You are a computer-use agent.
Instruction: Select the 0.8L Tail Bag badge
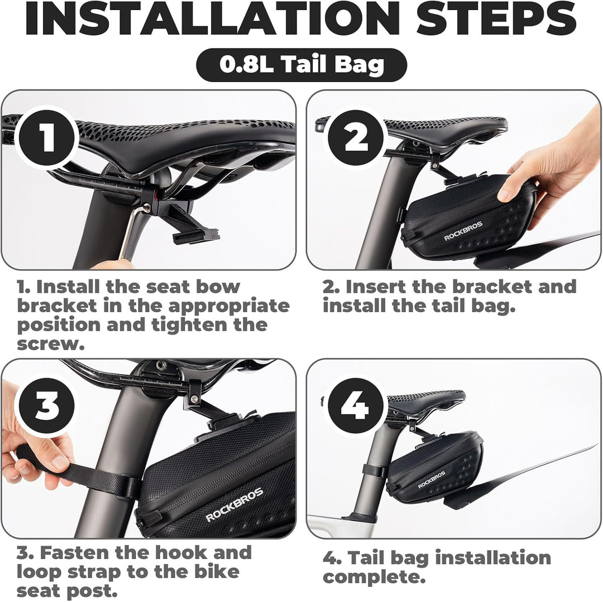pos(301,65)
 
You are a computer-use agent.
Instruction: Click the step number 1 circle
pos(46,138)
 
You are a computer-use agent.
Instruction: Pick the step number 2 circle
pos(356,138)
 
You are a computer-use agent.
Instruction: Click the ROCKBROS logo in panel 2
pos(463,231)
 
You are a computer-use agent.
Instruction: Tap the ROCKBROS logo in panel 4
pos(432,480)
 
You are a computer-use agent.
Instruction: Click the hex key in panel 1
pos(131,235)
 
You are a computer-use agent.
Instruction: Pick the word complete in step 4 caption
pos(374,577)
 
